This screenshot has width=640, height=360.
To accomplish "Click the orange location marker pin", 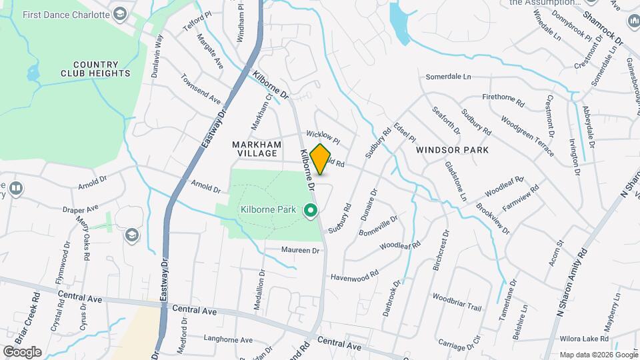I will (x=321, y=159).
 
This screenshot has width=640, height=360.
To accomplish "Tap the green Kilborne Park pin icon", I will (x=310, y=211).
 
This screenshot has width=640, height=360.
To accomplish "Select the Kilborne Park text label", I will (x=268, y=210).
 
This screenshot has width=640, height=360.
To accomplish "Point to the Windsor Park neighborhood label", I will (x=452, y=150).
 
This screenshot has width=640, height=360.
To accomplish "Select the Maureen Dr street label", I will (x=301, y=250).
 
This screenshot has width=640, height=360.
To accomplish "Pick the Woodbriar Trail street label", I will (x=457, y=302).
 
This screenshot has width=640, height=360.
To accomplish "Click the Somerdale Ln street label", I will (x=448, y=77).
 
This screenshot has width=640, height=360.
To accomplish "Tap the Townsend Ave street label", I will (x=201, y=89).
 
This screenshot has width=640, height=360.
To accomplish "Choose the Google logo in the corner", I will (x=22, y=351).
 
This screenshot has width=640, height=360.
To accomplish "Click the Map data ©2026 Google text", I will (x=598, y=355).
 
